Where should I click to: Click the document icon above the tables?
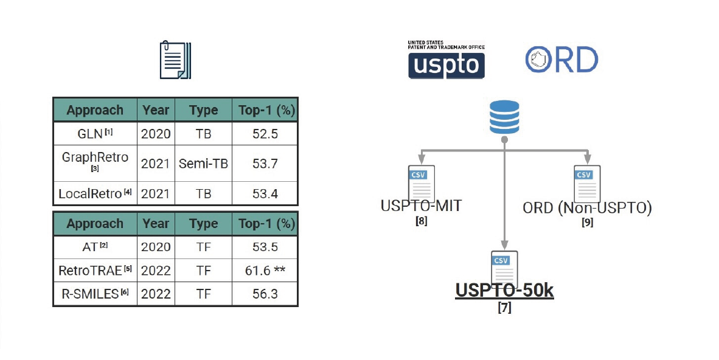click(176, 60)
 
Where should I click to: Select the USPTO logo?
click(446, 60)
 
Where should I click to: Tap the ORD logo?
click(561, 60)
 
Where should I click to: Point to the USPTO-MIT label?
click(421, 206)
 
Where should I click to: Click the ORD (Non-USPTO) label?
click(587, 208)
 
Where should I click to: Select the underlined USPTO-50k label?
click(504, 291)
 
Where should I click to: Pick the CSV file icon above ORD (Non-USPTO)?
click(587, 183)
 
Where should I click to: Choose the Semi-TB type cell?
click(203, 162)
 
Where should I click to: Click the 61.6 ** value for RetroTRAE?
click(265, 270)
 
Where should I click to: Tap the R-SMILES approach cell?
click(95, 293)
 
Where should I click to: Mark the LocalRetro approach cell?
click(95, 193)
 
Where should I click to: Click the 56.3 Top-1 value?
click(265, 293)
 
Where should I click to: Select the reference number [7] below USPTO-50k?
click(504, 308)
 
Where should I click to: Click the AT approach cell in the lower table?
click(95, 247)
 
